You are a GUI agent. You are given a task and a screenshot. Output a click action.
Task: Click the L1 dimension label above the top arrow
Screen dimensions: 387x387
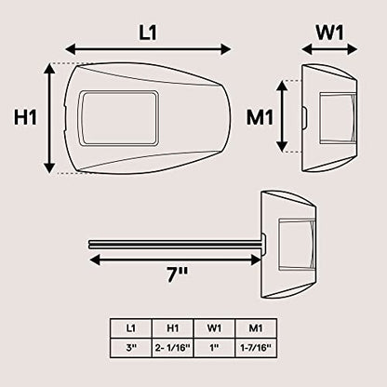click(x=148, y=33)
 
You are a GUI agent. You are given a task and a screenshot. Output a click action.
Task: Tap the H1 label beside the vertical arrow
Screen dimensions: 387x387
click(x=26, y=118)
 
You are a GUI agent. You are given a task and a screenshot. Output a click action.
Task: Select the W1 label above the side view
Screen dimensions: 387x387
click(x=330, y=33)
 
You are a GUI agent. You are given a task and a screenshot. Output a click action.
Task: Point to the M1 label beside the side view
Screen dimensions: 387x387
click(x=260, y=118)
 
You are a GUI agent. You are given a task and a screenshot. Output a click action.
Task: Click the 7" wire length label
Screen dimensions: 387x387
click(x=177, y=274)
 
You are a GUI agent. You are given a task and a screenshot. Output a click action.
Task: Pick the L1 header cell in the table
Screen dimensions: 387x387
click(x=131, y=328)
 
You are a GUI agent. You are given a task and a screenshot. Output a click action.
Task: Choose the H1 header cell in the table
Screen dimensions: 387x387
click(x=173, y=328)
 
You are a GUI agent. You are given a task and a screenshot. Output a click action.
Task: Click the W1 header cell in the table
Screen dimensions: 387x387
click(x=215, y=328)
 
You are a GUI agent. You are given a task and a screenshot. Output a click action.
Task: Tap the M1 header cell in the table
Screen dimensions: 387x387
click(x=256, y=328)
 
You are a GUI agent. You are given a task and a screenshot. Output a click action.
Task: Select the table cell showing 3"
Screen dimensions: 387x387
click(x=131, y=348)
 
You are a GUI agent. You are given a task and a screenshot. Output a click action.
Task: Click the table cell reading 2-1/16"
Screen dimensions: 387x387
click(x=173, y=348)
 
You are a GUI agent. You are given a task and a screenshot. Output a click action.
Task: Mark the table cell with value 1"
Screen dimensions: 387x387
click(x=215, y=348)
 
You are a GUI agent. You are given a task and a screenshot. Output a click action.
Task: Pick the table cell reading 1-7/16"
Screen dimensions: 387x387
click(x=256, y=348)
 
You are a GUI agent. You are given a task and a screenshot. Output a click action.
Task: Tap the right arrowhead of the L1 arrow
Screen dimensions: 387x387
click(x=226, y=49)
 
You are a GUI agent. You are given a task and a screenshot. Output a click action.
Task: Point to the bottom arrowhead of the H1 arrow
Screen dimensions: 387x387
click(x=49, y=167)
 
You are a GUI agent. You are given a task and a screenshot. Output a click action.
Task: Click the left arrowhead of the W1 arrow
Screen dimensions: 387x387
click(x=307, y=49)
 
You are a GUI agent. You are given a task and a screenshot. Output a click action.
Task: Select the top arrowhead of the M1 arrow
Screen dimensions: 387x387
click(x=282, y=86)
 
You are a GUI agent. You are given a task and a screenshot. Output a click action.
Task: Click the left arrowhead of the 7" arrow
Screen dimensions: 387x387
click(x=95, y=260)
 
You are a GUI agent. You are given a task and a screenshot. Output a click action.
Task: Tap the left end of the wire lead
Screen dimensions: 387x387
click(x=90, y=244)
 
